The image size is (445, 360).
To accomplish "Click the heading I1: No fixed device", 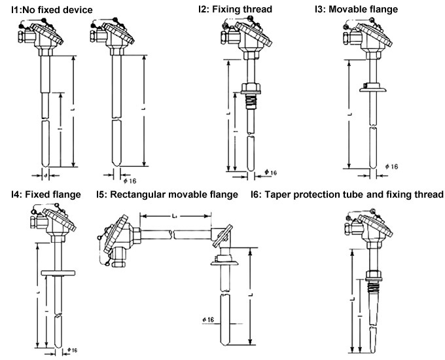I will pos(56,10).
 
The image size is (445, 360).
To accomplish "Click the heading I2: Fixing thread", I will pos(235,10).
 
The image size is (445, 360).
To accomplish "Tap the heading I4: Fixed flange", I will pos(45,194).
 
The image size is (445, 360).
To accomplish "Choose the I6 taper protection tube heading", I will pos(347,194).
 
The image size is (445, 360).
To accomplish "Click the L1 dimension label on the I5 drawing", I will pos(174,215).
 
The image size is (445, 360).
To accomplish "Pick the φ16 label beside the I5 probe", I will pos(207,319).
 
